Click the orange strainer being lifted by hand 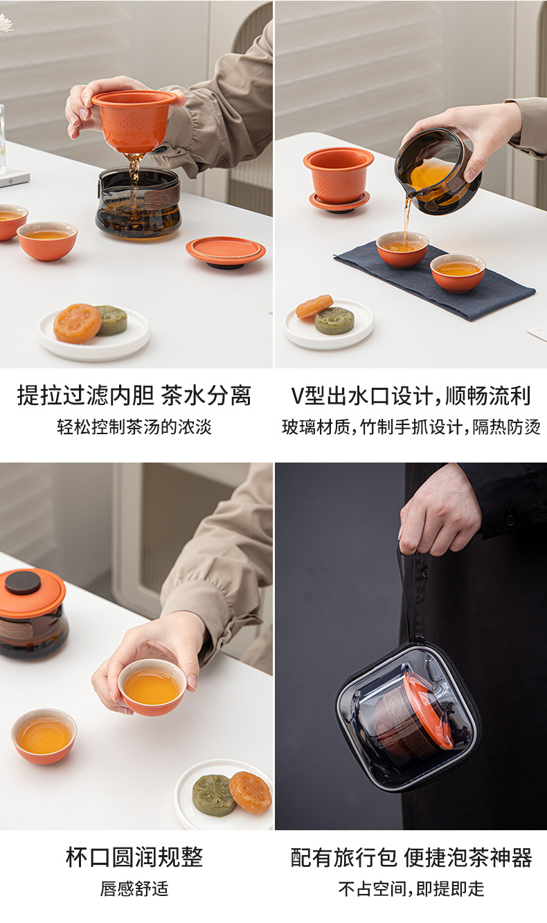135,120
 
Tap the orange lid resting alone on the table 225,251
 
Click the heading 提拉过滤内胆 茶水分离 134,395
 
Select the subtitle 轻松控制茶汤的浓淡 134,427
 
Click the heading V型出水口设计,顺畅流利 411,395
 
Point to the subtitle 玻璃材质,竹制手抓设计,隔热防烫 411,427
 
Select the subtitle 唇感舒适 134,889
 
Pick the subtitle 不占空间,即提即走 411,889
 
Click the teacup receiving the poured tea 402,249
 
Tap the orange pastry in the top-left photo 77,323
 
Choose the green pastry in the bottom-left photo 214,795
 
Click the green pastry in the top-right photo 334,320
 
